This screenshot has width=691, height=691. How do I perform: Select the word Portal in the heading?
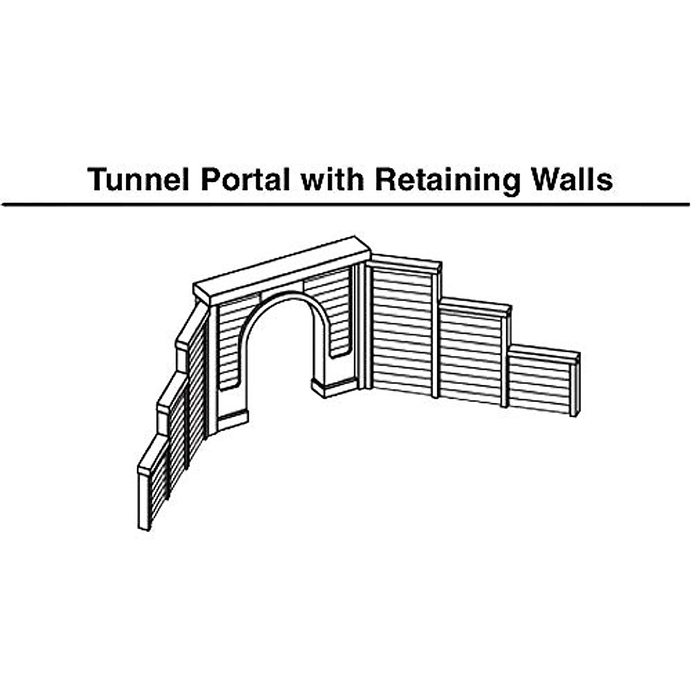click(245, 180)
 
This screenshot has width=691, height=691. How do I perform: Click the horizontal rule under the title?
click(345, 204)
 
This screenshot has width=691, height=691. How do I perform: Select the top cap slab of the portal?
click(282, 269)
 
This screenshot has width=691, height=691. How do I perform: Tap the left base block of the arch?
click(232, 420)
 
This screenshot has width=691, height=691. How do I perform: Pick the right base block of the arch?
click(334, 387)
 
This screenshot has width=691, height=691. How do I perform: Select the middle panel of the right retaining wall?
click(470, 357)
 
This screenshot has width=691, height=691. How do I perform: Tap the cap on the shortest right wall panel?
click(544, 352)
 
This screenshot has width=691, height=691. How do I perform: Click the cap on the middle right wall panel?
click(476, 306)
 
